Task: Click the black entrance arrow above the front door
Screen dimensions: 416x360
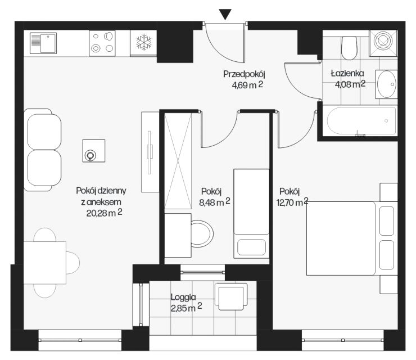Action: click(225, 14)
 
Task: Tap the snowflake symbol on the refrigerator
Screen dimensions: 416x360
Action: click(143, 42)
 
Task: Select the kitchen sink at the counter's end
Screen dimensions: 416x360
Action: click(43, 43)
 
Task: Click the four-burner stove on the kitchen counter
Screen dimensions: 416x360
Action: click(102, 43)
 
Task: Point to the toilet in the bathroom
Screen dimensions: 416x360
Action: click(349, 48)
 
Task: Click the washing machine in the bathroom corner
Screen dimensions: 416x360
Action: click(383, 43)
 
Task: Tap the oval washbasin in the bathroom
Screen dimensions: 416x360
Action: click(387, 84)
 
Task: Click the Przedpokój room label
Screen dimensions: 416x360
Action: click(244, 74)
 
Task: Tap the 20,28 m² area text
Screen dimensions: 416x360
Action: click(104, 213)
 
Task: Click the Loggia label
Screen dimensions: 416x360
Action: click(183, 297)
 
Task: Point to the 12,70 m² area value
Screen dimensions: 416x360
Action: click(292, 202)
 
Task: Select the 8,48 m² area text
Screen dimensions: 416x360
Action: click(215, 202)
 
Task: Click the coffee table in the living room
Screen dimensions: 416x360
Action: click(94, 151)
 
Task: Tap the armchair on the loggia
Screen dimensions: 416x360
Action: click(231, 296)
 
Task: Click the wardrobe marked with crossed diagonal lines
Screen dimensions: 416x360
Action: click(178, 161)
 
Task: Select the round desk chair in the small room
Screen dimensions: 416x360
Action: click(202, 233)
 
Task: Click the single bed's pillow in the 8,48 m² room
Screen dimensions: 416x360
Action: click(251, 247)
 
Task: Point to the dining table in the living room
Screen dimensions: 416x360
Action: click(45, 263)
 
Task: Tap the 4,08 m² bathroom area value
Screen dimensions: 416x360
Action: click(350, 84)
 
